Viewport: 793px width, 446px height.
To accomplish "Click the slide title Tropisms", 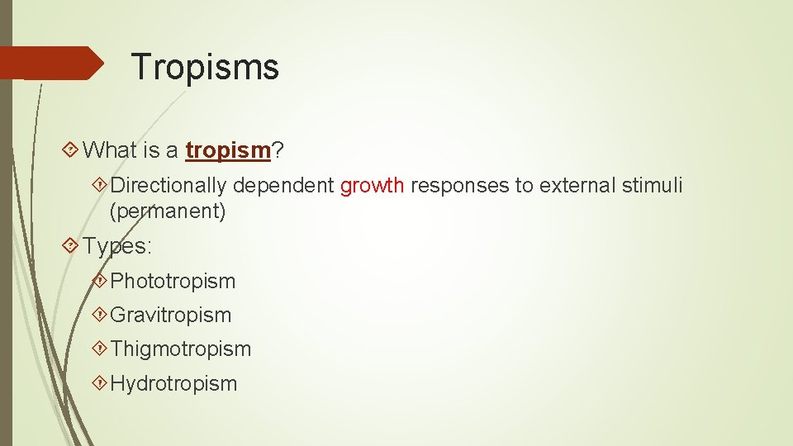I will point(205,67).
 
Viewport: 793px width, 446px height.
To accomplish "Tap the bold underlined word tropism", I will point(229,150).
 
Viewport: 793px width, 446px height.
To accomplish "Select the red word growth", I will point(372,186).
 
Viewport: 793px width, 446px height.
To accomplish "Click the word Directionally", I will point(169,186).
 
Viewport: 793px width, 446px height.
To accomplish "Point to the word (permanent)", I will point(168,211).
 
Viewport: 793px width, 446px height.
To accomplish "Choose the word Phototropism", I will point(173,281).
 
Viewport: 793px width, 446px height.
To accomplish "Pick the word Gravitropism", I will point(171,315).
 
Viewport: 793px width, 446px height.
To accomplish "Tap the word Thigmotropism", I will point(180,349).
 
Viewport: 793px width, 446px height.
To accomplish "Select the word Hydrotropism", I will point(173,383).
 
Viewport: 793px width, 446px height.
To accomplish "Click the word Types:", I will point(117,246).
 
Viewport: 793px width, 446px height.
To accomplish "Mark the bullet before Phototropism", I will point(100,281).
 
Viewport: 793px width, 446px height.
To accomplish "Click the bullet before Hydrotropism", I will point(100,383).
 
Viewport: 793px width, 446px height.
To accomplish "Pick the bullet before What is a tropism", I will point(71,150).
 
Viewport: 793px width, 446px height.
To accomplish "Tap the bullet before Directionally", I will point(100,186).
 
